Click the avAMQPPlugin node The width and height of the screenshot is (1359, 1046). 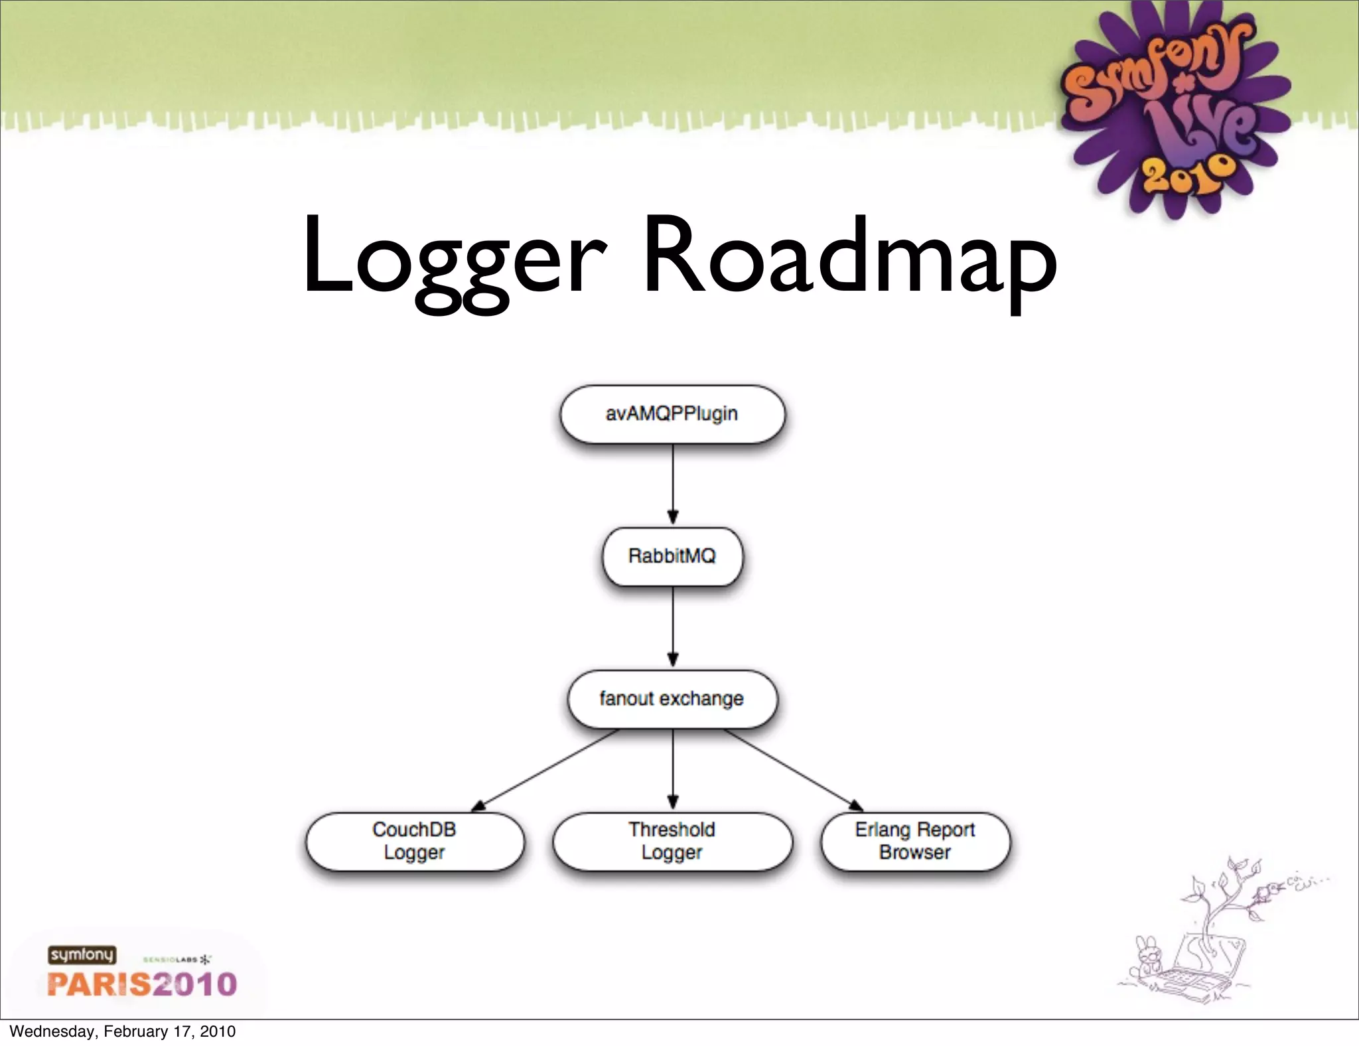[x=672, y=414]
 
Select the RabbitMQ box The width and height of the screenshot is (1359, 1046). [x=672, y=556]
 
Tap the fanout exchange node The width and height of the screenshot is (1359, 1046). [x=672, y=699]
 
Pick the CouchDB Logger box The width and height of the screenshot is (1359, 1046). [x=414, y=841]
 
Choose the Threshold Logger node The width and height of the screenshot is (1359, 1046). [x=672, y=841]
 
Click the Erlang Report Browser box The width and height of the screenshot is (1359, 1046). [x=915, y=841]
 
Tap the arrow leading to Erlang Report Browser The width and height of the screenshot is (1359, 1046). [x=794, y=770]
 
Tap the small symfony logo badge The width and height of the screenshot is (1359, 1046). [x=82, y=955]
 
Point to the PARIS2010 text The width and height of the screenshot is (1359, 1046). [x=142, y=984]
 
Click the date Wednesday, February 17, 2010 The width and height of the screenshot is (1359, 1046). [x=123, y=1031]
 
